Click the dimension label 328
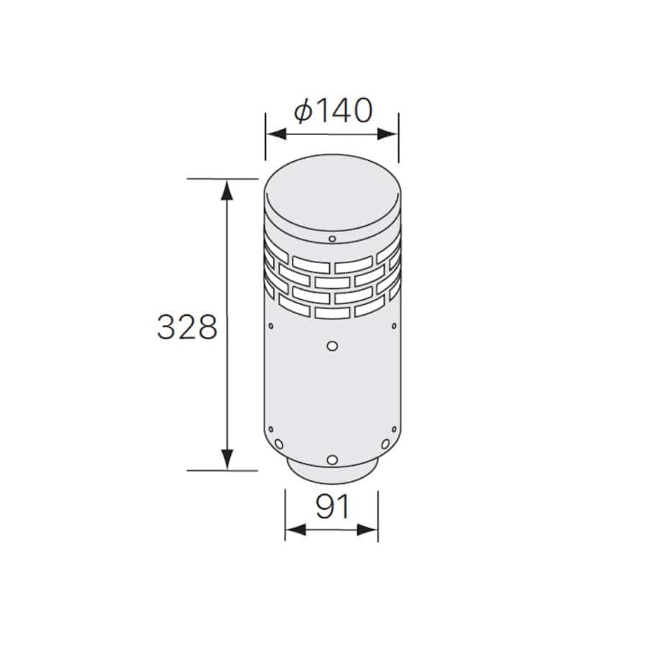click(187, 327)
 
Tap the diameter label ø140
click(334, 111)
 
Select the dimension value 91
click(333, 506)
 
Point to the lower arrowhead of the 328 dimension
click(226, 459)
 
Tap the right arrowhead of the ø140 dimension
click(387, 134)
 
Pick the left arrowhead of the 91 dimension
click(296, 530)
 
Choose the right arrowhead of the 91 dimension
click(367, 530)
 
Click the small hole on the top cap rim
click(332, 239)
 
